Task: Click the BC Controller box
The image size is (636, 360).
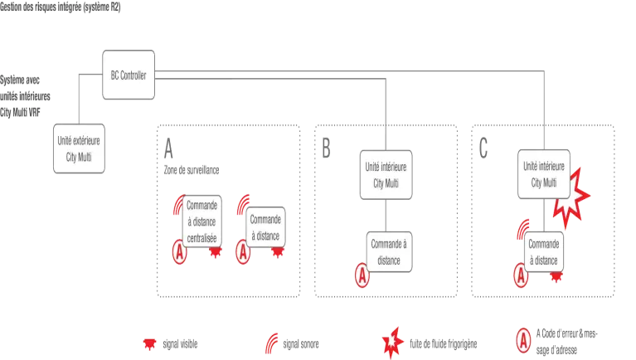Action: pos(129,75)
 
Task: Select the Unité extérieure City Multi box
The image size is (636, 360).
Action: pos(79,148)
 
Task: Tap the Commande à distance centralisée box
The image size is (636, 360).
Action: pos(202,221)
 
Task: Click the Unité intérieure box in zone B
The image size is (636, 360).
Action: pos(386,175)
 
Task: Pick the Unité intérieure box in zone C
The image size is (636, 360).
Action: pos(543,174)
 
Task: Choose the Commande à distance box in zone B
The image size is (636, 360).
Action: pos(389,252)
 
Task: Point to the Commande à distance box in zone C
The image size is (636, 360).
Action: pos(543,252)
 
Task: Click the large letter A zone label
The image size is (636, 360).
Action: pos(168,148)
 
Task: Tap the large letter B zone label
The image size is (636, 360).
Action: pos(326,148)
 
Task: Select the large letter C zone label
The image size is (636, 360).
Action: pos(483,148)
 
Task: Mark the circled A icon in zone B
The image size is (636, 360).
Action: pos(362,275)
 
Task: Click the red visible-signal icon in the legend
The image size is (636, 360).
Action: pos(149,344)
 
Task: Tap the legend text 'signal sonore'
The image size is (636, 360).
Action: pos(300,344)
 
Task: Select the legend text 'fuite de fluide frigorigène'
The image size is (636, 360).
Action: pos(443,344)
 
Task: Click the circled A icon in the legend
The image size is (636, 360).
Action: pos(523,341)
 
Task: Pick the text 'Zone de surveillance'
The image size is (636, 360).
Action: pos(192,170)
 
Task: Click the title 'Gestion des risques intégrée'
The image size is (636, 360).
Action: pos(41,7)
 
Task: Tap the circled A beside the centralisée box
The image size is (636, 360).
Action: pos(179,252)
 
